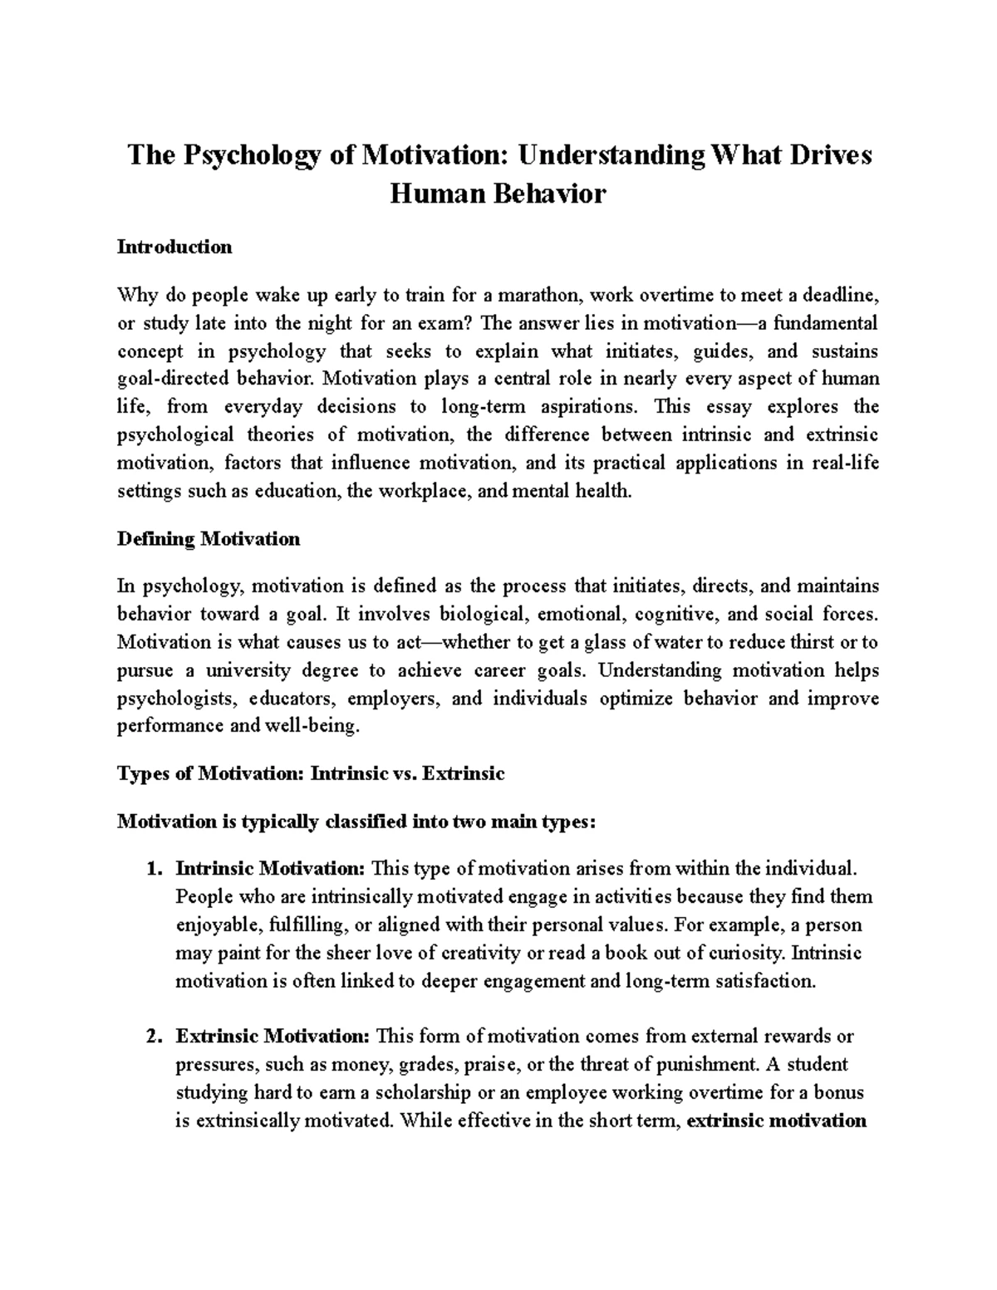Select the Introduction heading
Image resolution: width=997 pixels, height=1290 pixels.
pyautogui.click(x=174, y=247)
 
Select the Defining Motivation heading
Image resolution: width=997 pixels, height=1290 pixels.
pyautogui.click(x=209, y=539)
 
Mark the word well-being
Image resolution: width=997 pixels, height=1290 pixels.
pyautogui.click(x=319, y=727)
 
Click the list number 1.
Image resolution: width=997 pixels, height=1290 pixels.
pyautogui.click(x=153, y=870)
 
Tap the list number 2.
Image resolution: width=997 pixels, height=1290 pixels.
pyautogui.click(x=153, y=1037)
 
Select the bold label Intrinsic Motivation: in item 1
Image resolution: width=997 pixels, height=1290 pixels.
pyautogui.click(x=270, y=870)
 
